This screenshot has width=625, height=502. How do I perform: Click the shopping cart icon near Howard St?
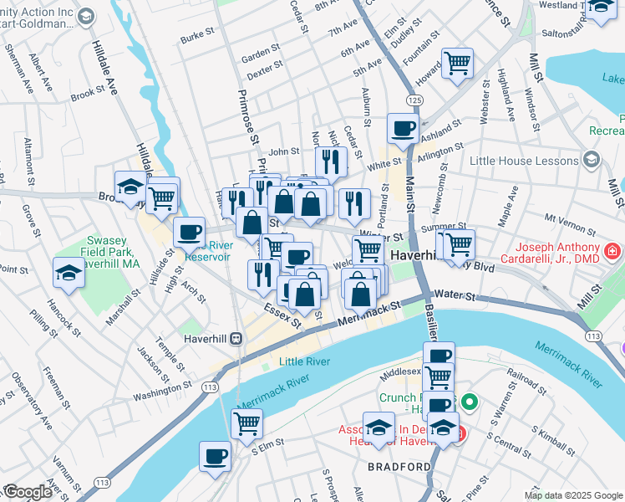[x=457, y=63]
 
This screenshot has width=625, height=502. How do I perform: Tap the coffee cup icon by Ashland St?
[x=403, y=129]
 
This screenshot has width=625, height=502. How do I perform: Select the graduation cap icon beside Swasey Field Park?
[x=69, y=271]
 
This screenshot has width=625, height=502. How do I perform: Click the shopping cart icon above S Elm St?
[x=246, y=423]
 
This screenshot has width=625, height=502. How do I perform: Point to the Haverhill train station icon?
[x=236, y=338]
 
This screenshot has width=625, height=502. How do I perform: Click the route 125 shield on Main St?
[x=414, y=100]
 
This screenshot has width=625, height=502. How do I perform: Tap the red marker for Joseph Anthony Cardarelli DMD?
[x=612, y=250]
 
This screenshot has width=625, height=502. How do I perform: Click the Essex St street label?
[x=281, y=315]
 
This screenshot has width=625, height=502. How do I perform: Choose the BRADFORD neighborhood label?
[x=400, y=466]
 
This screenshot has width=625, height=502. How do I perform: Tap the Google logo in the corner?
[x=27, y=492]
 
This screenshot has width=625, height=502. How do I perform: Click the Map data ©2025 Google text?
[x=572, y=495]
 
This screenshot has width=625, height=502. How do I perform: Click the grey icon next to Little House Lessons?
[x=592, y=159]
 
